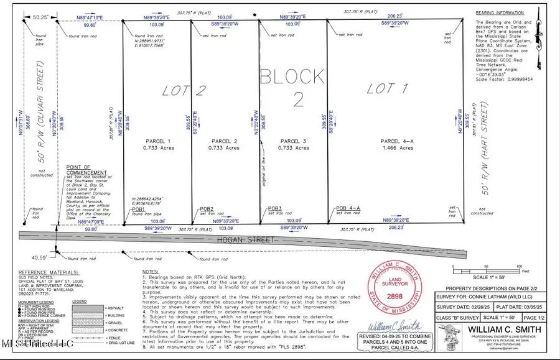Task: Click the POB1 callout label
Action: coord(138,210)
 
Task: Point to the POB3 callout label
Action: coord(275,208)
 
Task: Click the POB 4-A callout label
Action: coord(349,208)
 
